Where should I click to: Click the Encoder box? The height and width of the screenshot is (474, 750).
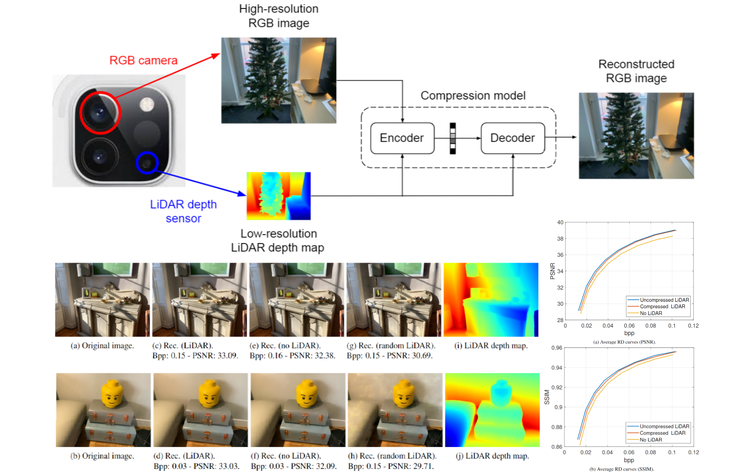(x=402, y=138)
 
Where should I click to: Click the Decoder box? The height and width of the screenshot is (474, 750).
(x=512, y=138)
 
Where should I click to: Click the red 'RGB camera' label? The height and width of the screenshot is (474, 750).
(x=143, y=60)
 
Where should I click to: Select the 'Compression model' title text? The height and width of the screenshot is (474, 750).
(x=473, y=95)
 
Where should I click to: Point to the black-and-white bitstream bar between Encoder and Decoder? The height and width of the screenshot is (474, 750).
(x=453, y=139)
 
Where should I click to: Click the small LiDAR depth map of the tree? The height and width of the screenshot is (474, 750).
(x=278, y=196)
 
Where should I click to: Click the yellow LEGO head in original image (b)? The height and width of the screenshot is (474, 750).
(x=112, y=393)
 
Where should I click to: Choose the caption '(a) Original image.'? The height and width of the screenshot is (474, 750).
(x=102, y=345)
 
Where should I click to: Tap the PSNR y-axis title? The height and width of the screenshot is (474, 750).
(x=552, y=271)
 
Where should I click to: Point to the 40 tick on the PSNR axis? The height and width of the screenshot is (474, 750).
(x=560, y=222)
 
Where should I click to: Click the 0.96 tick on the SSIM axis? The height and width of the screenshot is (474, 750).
(x=557, y=348)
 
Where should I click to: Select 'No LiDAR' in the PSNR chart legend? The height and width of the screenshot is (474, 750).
(x=651, y=313)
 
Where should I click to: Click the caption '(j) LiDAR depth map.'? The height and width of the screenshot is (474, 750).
(x=492, y=456)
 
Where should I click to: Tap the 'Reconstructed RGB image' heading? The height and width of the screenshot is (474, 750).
(x=636, y=71)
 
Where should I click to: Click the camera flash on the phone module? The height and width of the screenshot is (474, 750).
(x=147, y=104)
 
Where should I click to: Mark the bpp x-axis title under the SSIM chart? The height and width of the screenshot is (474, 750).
(x=629, y=460)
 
